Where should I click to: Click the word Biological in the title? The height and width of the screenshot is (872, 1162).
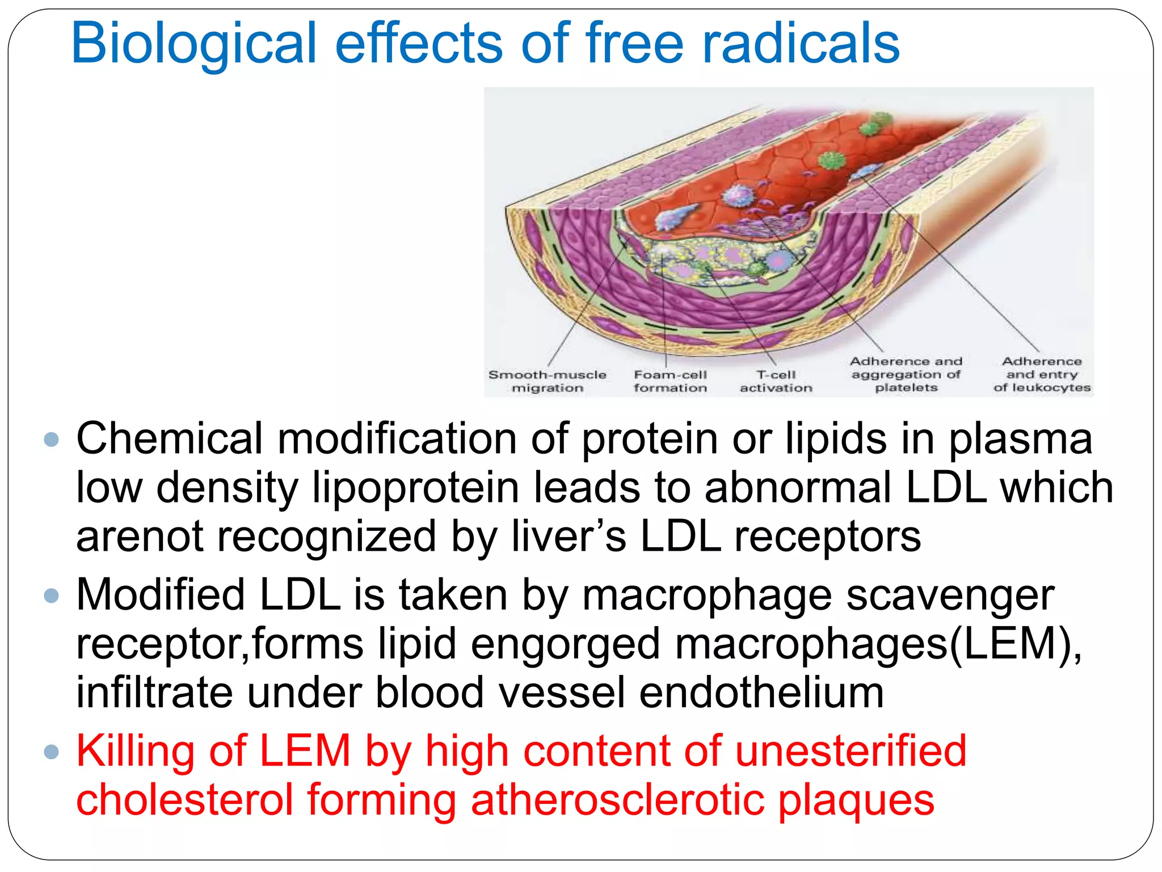pyautogui.click(x=193, y=44)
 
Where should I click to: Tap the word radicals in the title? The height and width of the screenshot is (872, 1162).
pyautogui.click(x=801, y=43)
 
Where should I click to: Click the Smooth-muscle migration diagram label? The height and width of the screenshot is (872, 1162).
pyautogui.click(x=547, y=381)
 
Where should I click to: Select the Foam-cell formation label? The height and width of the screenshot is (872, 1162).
pyautogui.click(x=670, y=381)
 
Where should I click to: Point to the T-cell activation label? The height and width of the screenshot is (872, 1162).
pyautogui.click(x=776, y=381)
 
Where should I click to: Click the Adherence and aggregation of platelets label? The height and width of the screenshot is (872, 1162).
pyautogui.click(x=906, y=375)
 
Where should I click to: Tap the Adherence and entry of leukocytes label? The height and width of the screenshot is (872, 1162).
pyautogui.click(x=1042, y=375)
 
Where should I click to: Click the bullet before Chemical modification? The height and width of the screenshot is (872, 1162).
pyautogui.click(x=52, y=439)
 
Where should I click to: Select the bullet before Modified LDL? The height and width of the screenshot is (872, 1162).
pyautogui.click(x=52, y=595)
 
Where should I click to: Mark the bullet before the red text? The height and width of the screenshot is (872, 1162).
pyautogui.click(x=52, y=751)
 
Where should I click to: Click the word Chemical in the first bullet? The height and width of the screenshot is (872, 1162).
pyautogui.click(x=170, y=438)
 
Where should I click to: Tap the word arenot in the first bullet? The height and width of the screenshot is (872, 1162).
pyautogui.click(x=140, y=537)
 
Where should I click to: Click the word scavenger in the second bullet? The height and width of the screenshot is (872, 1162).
pyautogui.click(x=950, y=595)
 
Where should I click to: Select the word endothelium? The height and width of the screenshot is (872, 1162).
pyautogui.click(x=761, y=693)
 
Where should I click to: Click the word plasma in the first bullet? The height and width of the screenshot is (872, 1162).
pyautogui.click(x=1020, y=439)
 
